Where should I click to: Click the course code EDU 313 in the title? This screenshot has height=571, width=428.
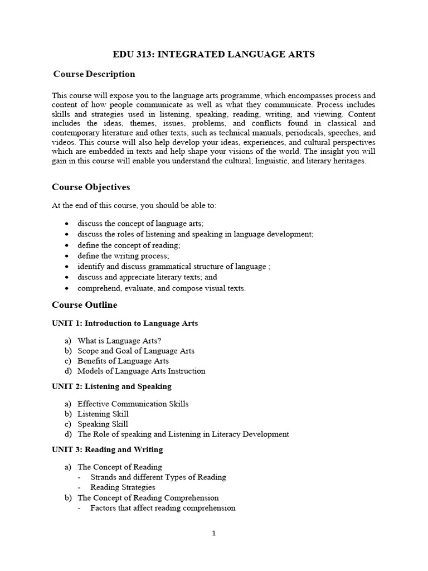click(x=132, y=54)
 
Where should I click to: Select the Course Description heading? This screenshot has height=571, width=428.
click(x=94, y=74)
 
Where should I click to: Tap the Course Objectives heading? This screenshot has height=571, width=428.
click(x=91, y=187)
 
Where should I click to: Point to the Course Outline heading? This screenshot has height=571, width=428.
click(x=85, y=304)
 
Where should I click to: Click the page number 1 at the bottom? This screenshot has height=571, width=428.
click(x=214, y=533)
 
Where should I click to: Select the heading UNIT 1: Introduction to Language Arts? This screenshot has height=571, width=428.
click(x=125, y=323)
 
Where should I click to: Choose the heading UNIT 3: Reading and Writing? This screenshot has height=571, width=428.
click(x=108, y=449)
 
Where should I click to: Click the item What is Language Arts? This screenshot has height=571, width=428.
click(x=120, y=341)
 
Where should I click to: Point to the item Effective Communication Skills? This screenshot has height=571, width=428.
click(x=133, y=404)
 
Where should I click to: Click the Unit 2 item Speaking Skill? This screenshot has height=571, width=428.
click(x=103, y=424)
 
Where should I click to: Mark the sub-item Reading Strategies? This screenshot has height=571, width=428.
click(x=123, y=487)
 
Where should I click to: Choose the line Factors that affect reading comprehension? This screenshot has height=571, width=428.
click(x=163, y=508)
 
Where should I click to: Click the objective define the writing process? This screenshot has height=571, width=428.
click(x=123, y=256)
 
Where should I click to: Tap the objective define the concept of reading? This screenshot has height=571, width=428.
click(x=129, y=245)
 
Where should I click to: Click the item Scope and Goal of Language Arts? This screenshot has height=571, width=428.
click(x=136, y=351)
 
